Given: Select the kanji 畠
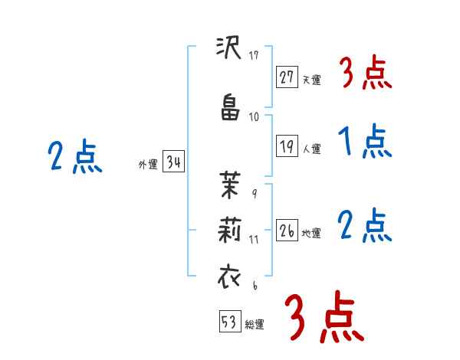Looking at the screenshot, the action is (229, 109).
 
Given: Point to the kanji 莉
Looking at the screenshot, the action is (229, 230).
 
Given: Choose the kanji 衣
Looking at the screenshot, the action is (229, 276).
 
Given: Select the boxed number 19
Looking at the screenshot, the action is (287, 146).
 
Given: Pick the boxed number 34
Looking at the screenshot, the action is (173, 163).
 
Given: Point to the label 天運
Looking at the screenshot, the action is (311, 78).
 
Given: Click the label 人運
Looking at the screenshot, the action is (311, 149).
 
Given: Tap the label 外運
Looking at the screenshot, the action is (148, 165).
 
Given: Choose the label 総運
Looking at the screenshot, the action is (255, 324).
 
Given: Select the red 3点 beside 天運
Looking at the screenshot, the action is (365, 74).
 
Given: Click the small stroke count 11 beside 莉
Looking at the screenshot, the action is (255, 240).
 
